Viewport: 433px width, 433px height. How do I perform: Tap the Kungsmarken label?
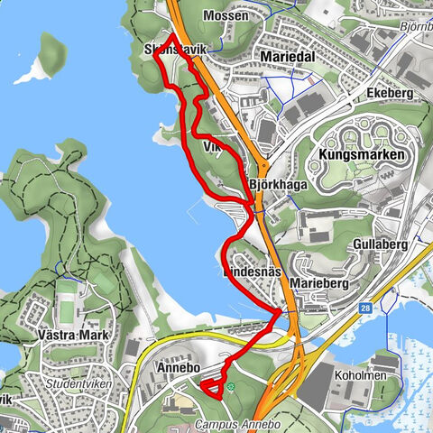pos(360,156)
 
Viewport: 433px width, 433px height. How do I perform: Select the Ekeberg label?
pos(390,94)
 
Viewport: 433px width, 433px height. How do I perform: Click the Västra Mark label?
pos(81,336)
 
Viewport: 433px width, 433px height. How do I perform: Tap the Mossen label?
pos(225,16)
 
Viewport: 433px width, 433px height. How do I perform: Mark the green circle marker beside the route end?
pos(232,386)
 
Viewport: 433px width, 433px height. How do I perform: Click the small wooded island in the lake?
pos(51,54)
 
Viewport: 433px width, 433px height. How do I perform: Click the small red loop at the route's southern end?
pos(212,388)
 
